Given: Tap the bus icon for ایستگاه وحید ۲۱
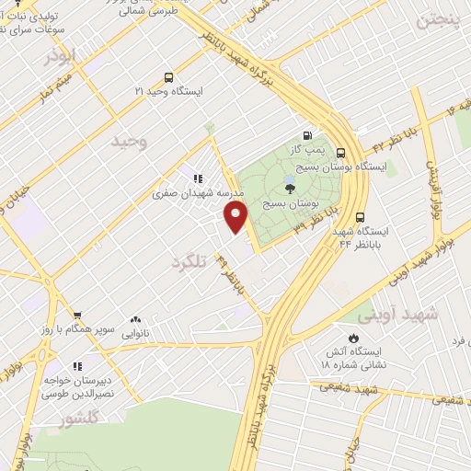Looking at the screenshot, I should [x=167, y=78].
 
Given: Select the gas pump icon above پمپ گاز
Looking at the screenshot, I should [x=306, y=135].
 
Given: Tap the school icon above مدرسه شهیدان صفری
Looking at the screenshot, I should [x=197, y=178].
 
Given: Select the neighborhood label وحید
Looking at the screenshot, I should [x=129, y=141].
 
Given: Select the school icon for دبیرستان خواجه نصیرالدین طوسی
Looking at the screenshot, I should [x=77, y=366].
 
